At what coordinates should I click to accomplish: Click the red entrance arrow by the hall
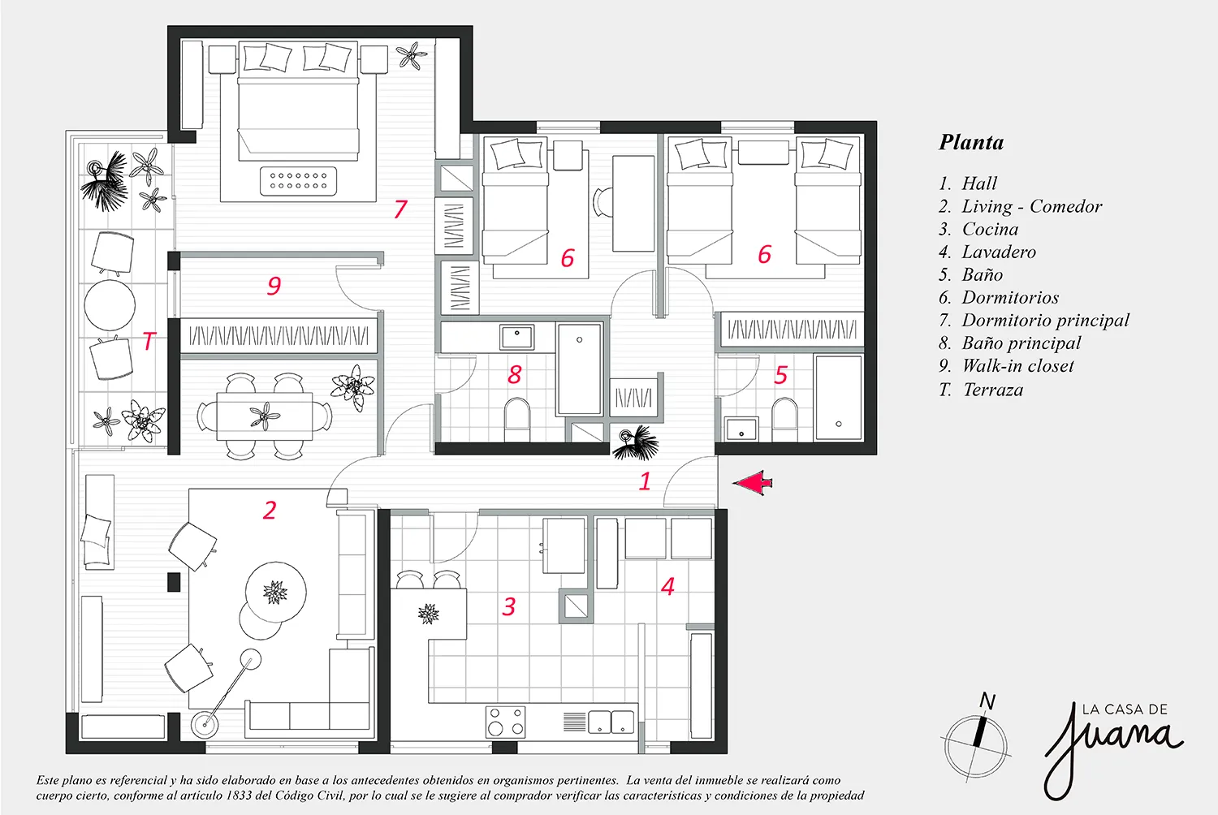pos(751,483)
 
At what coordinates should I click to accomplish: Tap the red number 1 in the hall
pos(645,481)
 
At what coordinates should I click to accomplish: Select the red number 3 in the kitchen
pos(509,606)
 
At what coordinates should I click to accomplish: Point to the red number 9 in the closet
pos(274,286)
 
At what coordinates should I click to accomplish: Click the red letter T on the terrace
pos(149,341)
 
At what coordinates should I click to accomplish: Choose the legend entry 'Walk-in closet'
pos(1017,366)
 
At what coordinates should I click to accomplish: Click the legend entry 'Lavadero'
pos(998,252)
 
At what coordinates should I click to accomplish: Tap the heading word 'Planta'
pos(971,142)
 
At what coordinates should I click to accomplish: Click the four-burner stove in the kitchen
pos(506,722)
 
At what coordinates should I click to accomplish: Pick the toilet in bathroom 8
pos(517,419)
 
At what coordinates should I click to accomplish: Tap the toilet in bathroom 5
pos(784,419)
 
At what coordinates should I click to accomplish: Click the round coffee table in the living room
pos(276,592)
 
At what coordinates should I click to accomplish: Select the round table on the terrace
pos(110,305)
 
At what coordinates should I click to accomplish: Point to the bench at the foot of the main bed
pos(298,180)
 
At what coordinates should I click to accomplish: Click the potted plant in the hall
pos(635,442)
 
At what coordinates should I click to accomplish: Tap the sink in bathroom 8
pos(516,337)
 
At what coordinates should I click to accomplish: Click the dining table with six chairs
pos(265,416)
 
